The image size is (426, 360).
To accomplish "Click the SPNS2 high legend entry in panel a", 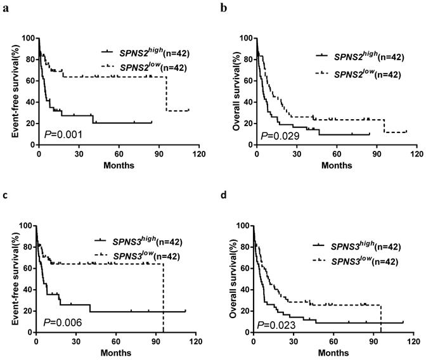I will pyautogui.click(x=150, y=53).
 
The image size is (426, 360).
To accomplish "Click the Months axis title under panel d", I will pyautogui.click(x=337, y=352).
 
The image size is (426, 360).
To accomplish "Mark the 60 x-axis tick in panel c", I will pyautogui.click(x=115, y=341).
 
